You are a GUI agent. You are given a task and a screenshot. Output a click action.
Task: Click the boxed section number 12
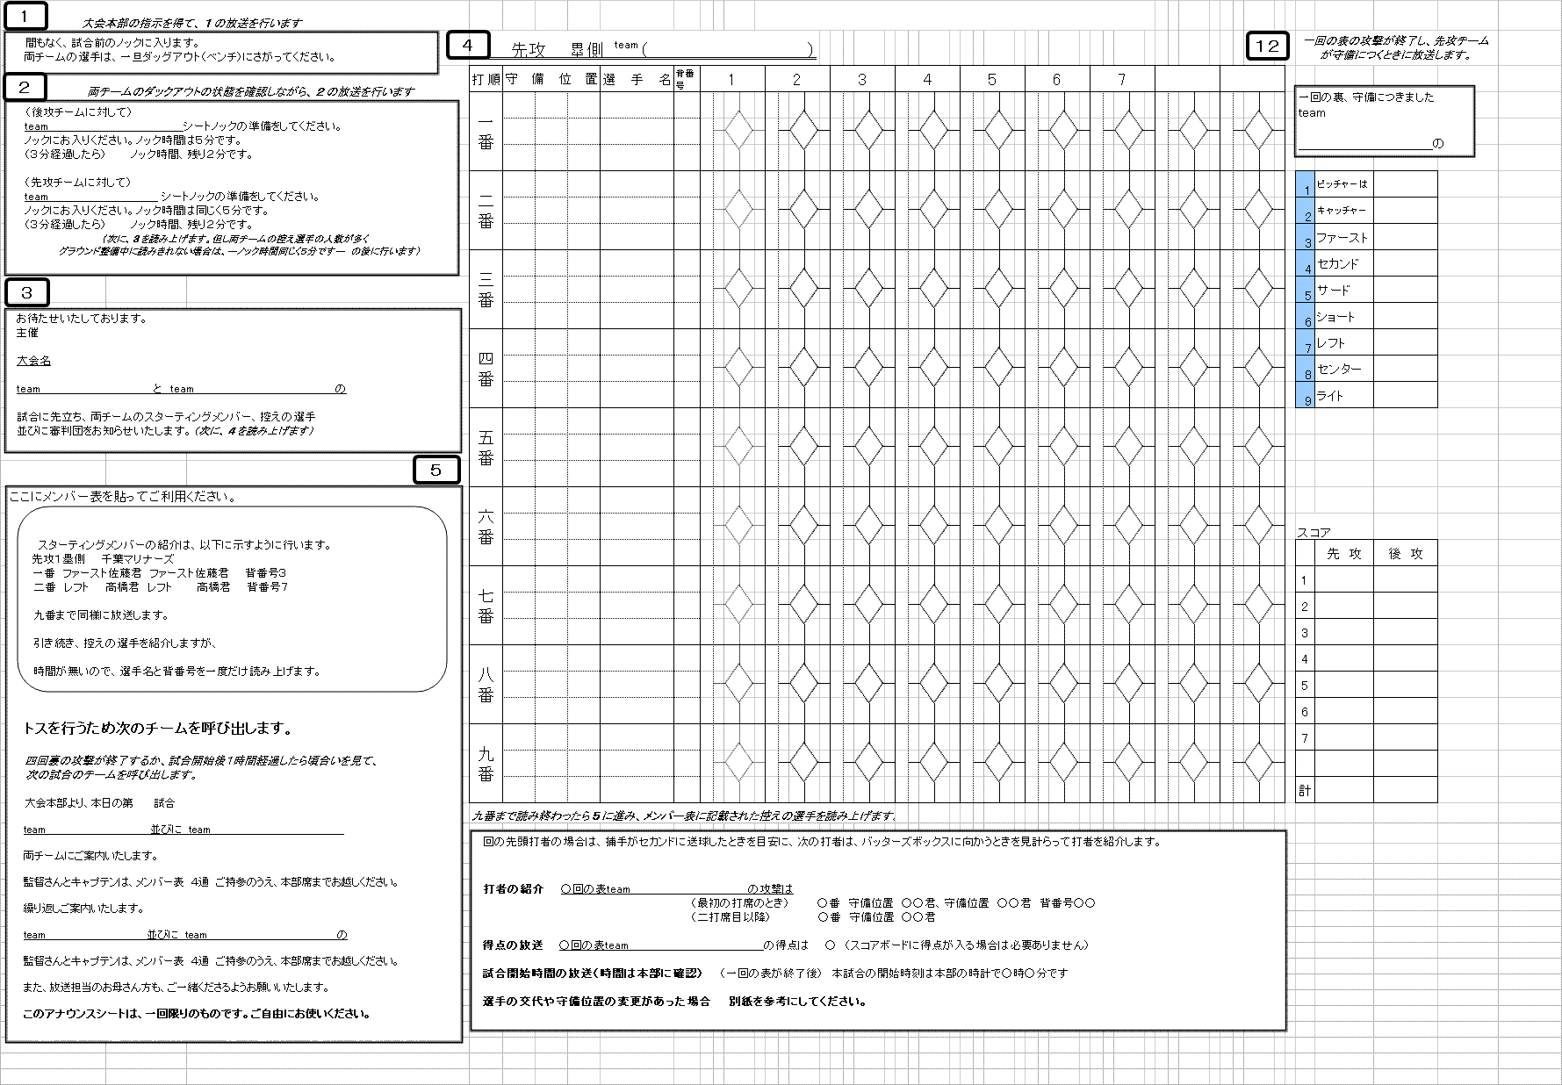point(1267,47)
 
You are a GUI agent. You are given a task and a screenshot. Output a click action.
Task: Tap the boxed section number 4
point(468,46)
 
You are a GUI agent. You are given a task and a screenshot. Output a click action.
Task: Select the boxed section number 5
point(436,471)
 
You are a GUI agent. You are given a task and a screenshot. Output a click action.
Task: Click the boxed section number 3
point(27,293)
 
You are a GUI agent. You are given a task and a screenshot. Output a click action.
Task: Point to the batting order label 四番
point(486,369)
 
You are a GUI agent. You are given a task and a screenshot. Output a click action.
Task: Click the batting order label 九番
point(486,764)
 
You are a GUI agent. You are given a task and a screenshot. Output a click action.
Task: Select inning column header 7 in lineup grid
point(1121,80)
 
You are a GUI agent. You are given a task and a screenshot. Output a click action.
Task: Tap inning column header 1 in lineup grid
point(731,80)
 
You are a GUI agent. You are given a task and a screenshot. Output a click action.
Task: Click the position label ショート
point(1335,317)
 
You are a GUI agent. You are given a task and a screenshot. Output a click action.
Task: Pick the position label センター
point(1339,370)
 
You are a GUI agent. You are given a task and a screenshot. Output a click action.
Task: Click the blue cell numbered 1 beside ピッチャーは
point(1306,185)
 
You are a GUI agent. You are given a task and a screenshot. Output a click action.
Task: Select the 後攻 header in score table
point(1405,554)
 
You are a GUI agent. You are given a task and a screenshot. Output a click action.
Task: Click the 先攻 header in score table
point(1343,554)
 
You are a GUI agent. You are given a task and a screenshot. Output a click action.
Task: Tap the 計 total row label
point(1305,791)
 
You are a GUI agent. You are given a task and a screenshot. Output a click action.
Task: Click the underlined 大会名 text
point(33,361)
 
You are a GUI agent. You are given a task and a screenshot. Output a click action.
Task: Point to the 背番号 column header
point(686,79)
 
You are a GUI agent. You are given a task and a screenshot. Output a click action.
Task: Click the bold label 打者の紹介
point(513,889)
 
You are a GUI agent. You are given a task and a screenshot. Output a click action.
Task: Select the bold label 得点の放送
point(512,945)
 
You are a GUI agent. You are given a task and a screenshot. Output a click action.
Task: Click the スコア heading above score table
point(1314,533)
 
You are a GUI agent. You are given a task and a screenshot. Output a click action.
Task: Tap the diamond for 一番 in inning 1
point(738,132)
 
